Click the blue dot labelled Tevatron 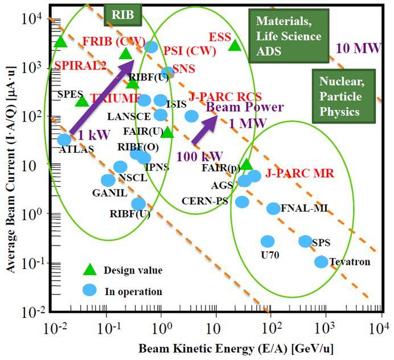tap(321, 261)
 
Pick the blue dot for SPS tap(305, 241)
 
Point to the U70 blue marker tap(267, 241)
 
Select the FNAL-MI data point tap(273, 208)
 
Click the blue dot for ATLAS tap(64, 139)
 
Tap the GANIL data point tap(108, 181)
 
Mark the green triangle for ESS tap(235, 45)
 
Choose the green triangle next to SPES tap(82, 101)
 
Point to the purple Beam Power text tap(245, 107)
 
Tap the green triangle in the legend tap(88, 269)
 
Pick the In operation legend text tap(133, 292)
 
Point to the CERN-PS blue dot tap(242, 202)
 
